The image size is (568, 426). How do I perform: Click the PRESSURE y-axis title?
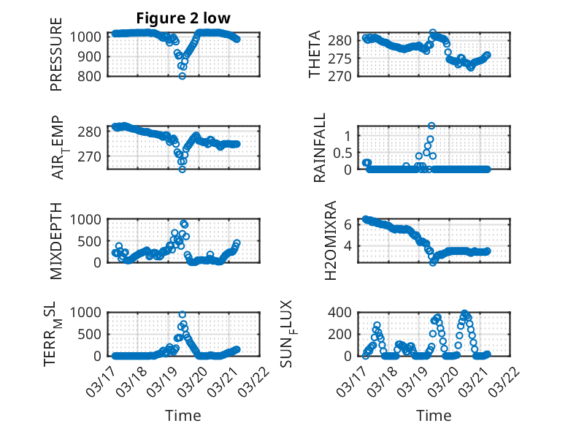tap(57, 56)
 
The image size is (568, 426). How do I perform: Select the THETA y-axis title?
tap(315, 56)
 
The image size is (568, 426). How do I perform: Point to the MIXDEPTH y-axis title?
tap(57, 241)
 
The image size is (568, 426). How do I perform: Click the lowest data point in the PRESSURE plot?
tap(183, 76)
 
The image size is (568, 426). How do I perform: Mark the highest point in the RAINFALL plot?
tap(431, 126)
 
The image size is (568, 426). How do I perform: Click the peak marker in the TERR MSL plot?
tap(183, 314)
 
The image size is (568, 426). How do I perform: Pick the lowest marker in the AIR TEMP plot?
tap(183, 169)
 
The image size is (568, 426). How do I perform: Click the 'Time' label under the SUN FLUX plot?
tap(434, 415)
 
